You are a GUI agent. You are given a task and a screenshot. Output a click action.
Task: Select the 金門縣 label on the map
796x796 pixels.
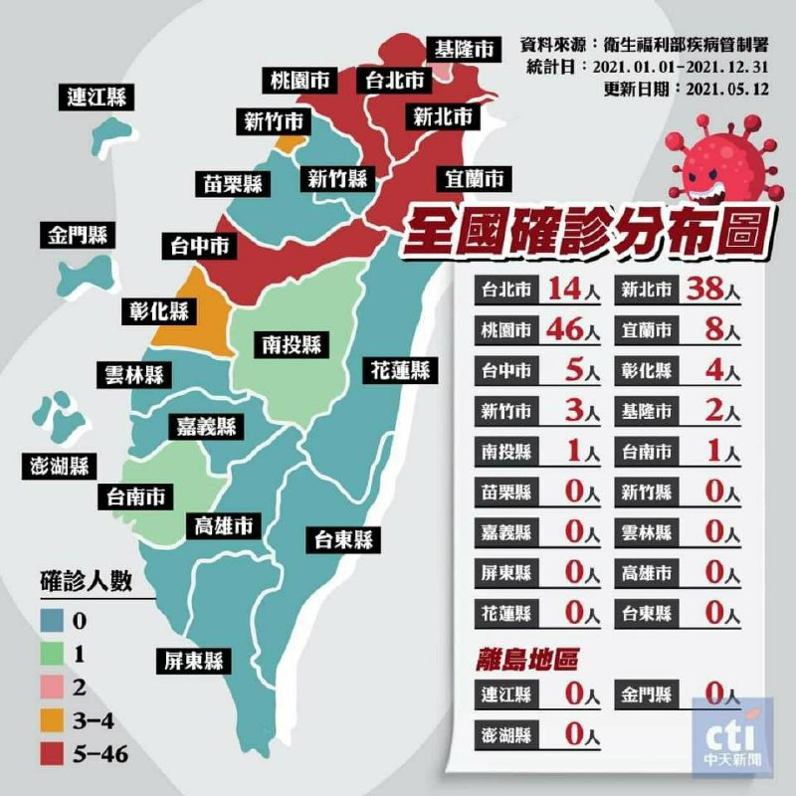79,236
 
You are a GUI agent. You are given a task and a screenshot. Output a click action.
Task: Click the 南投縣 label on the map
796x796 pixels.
292,344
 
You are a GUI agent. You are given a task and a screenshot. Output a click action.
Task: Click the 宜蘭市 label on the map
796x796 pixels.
473,179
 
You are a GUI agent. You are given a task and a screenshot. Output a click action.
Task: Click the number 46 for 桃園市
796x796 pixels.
568,328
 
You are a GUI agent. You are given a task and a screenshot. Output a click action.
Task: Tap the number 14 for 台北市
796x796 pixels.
564,290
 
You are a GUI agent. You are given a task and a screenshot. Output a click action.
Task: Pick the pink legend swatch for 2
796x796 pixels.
54,688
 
